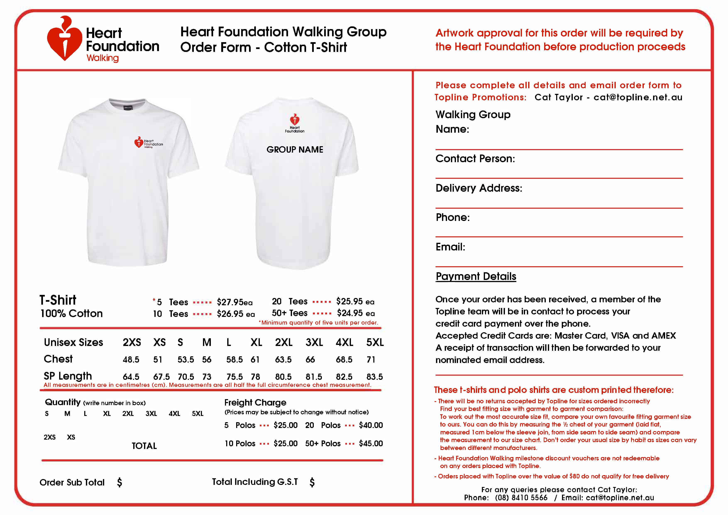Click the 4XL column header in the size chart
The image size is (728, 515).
pos(344,342)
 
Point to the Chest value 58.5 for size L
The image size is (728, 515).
pos(234,359)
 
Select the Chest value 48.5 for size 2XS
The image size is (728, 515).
pos(131,359)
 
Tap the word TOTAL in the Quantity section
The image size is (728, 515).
pos(144,446)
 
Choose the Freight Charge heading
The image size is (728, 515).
pos(255,402)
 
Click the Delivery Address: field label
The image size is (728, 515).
pos(479,188)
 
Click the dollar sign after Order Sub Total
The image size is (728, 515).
pos(120,482)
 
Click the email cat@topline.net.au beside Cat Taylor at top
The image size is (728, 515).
pos(638,97)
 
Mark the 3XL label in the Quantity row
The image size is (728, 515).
pos(151,413)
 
